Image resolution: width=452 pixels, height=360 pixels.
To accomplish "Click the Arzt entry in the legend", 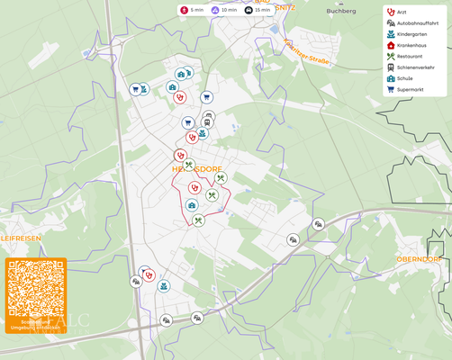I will (x=402, y=12).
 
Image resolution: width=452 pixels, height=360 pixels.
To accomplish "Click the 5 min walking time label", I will (x=192, y=10).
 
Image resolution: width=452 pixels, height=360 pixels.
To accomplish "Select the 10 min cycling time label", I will (x=224, y=10).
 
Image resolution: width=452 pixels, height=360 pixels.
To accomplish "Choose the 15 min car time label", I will (x=258, y=10).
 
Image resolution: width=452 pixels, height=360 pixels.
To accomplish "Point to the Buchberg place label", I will (x=341, y=11).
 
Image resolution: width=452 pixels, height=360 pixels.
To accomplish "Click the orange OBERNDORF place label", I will (x=418, y=259).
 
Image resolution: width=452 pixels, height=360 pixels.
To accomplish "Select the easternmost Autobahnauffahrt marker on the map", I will (x=318, y=224).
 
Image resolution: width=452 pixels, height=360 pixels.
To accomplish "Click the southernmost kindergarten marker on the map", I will (x=164, y=286).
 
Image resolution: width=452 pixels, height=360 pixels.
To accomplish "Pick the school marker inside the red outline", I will (x=192, y=205).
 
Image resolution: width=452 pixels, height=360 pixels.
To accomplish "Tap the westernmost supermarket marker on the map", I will (x=135, y=89).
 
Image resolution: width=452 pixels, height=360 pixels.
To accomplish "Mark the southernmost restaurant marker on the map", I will (x=198, y=220).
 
